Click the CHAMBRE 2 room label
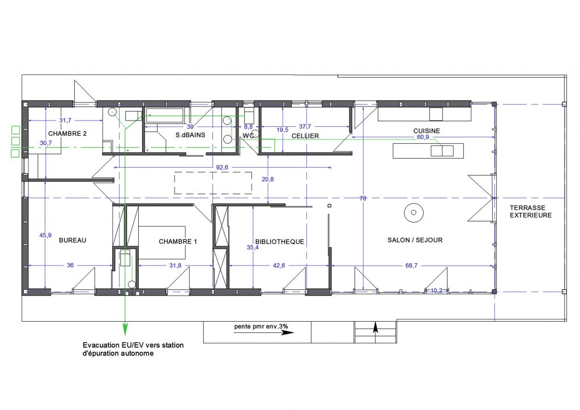pyautogui.click(x=67, y=134)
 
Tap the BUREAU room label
pyautogui.click(x=72, y=240)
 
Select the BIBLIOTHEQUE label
pyautogui.click(x=280, y=242)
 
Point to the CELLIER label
pyautogui.click(x=305, y=136)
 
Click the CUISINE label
pyautogui.click(x=427, y=131)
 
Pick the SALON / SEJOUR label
pyautogui.click(x=415, y=240)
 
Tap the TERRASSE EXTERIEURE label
pyautogui.click(x=531, y=211)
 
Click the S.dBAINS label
pyautogui.click(x=190, y=135)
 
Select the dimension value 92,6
pyautogui.click(x=222, y=168)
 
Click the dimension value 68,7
pyautogui.click(x=411, y=266)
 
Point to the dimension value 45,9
pyautogui.click(x=45, y=235)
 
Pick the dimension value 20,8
pyautogui.click(x=268, y=180)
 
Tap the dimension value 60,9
pyautogui.click(x=423, y=137)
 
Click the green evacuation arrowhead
pyautogui.click(x=125, y=329)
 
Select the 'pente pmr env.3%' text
pyautogui.click(x=261, y=326)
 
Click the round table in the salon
pyautogui.click(x=413, y=212)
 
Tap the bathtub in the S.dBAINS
pyautogui.click(x=165, y=116)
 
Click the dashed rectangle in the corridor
pyautogui.click(x=213, y=183)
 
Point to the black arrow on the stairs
pyautogui.click(x=376, y=327)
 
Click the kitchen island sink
pyautogui.click(x=442, y=151)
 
